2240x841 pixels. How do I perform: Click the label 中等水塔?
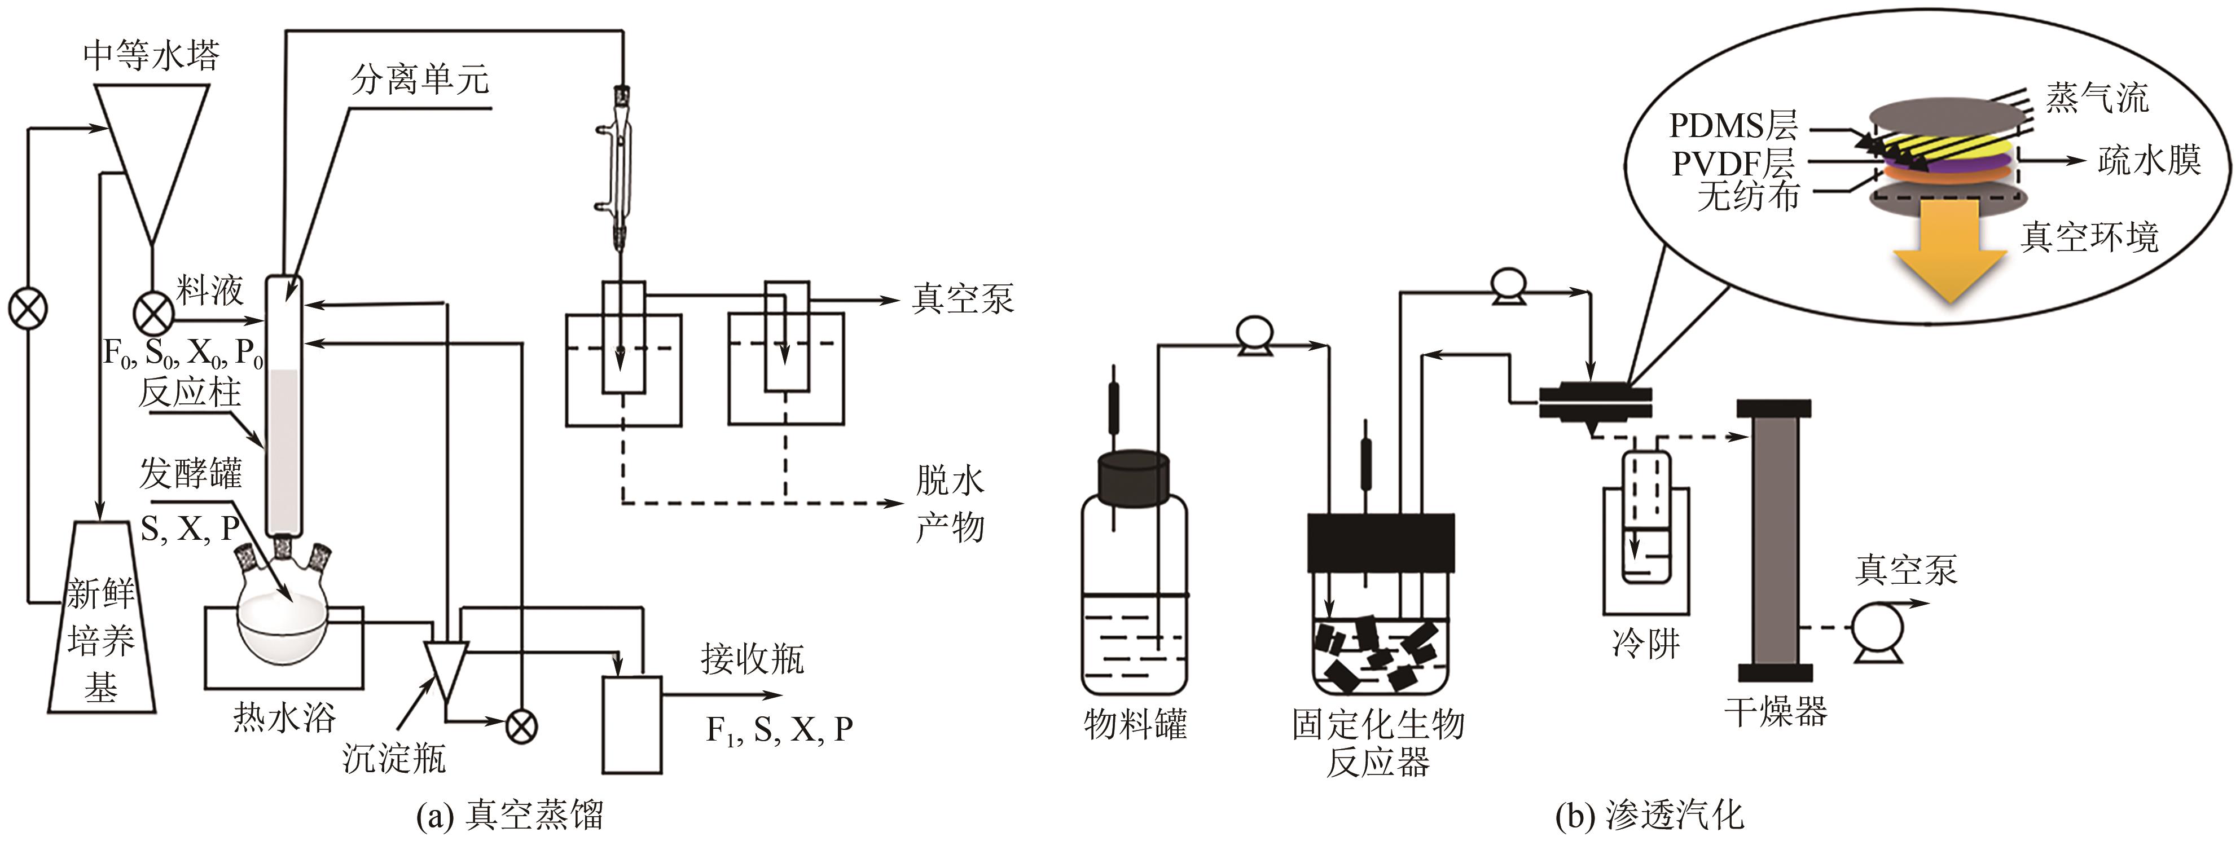[151, 55]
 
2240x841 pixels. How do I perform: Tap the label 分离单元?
[420, 80]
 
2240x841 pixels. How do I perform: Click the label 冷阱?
[1645, 644]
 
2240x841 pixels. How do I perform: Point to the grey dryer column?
[1775, 539]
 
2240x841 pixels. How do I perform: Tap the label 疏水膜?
[2149, 160]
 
